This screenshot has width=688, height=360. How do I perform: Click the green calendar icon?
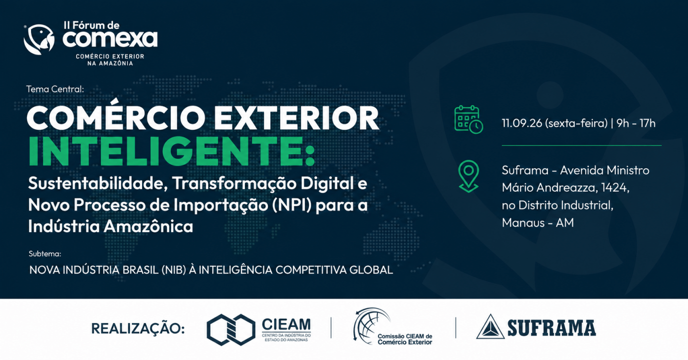click(x=468, y=120)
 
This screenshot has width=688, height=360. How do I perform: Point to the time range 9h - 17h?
click(x=636, y=123)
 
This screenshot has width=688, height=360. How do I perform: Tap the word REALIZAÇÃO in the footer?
click(x=138, y=328)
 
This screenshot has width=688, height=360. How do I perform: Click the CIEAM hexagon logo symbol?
click(x=231, y=330)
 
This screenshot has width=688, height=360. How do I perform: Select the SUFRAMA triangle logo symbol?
click(x=490, y=327)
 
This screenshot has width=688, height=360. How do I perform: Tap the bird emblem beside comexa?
click(x=39, y=39)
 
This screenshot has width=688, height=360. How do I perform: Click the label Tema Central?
click(x=55, y=89)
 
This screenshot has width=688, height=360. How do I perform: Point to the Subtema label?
click(x=45, y=254)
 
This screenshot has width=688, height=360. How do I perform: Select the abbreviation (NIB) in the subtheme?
click(x=174, y=270)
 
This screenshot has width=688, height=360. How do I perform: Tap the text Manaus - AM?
click(x=538, y=222)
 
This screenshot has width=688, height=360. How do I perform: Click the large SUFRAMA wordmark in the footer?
click(x=552, y=328)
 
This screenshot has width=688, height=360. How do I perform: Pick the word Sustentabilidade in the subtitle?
click(x=98, y=183)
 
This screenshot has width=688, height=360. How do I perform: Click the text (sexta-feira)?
click(x=576, y=123)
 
